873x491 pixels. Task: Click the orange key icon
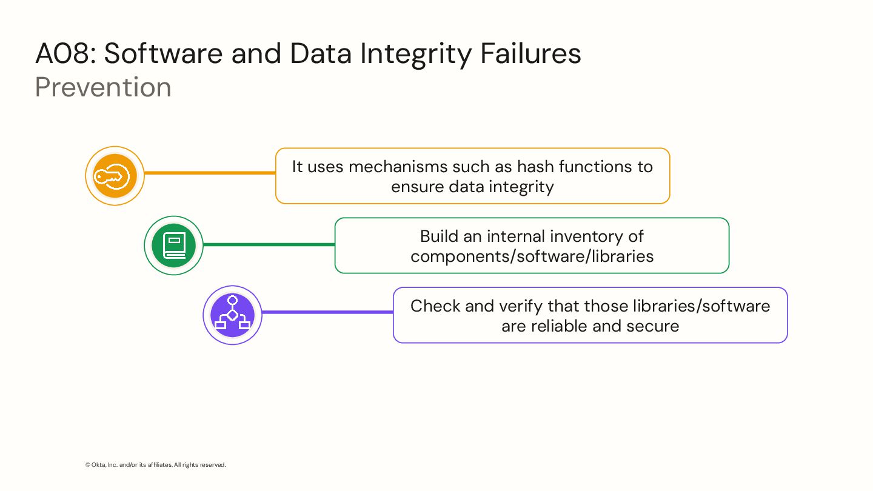[x=115, y=176]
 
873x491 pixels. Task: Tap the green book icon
[x=173, y=245]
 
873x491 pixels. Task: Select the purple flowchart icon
[x=232, y=315]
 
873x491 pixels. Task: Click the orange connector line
[x=210, y=173]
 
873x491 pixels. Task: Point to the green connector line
[x=269, y=244]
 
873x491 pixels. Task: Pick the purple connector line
[x=327, y=312]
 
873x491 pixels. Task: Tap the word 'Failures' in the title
[x=530, y=54]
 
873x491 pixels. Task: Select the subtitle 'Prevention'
[x=103, y=87]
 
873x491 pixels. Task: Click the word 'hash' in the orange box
[x=536, y=166]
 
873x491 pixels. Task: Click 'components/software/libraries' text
[x=532, y=256]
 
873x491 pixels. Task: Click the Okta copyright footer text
[x=156, y=465]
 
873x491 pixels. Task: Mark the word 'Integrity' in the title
[x=415, y=54]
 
